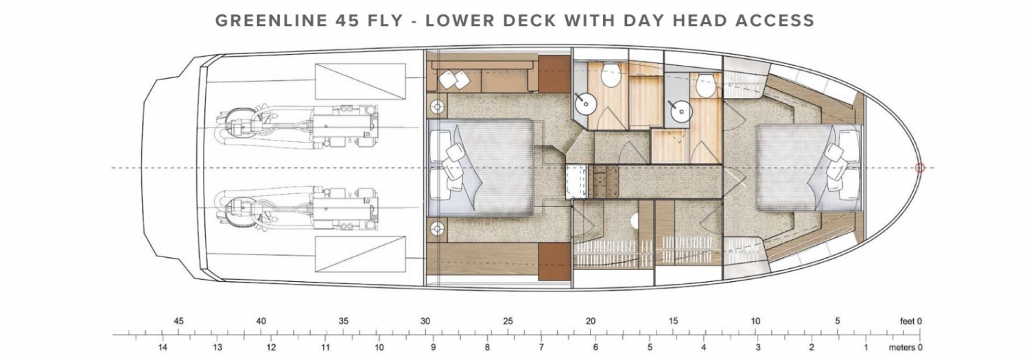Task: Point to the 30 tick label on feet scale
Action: tap(425, 321)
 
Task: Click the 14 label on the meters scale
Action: tap(163, 348)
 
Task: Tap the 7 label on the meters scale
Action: tap(541, 348)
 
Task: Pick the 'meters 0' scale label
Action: tap(905, 348)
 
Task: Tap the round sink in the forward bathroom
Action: tap(681, 111)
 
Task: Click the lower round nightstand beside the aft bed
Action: tap(437, 228)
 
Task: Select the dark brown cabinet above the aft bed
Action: tap(554, 80)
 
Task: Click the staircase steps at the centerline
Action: tap(603, 182)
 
